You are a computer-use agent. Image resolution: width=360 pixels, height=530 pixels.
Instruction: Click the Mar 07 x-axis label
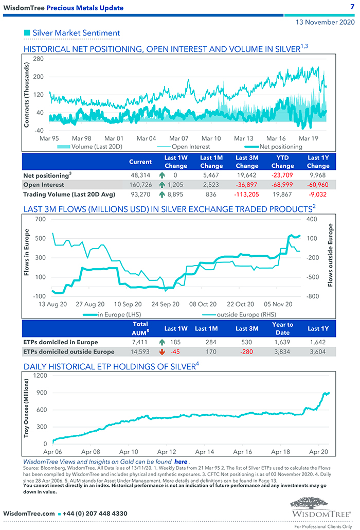coord(178,138)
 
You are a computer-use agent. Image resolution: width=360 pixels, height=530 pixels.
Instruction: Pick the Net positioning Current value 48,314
coord(140,175)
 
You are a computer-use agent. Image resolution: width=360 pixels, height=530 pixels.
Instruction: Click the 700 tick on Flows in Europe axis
coord(39,219)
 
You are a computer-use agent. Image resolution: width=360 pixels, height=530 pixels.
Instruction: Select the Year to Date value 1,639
coord(282,342)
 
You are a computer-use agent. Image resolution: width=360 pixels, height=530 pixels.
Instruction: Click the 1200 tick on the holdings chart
coord(40,376)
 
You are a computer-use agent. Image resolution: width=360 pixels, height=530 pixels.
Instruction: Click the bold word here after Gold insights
coord(181,462)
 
